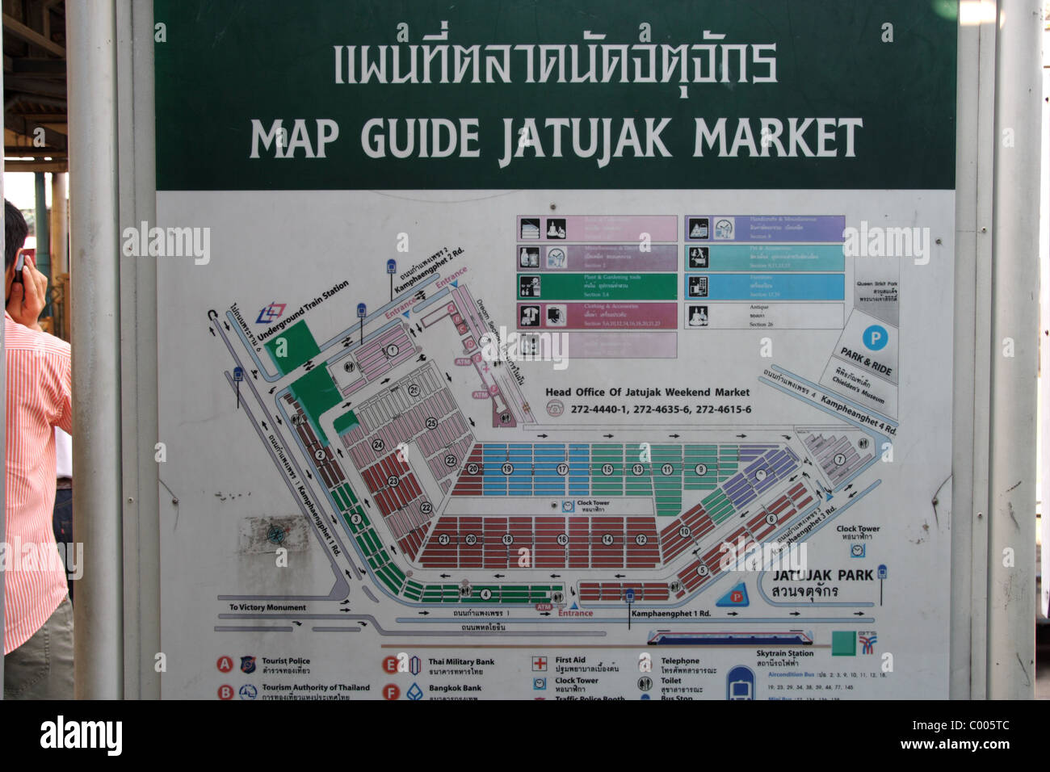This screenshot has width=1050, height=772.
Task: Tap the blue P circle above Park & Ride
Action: [x=872, y=337]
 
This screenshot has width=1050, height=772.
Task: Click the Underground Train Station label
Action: [x=303, y=309]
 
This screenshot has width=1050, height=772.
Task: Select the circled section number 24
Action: [x=377, y=445]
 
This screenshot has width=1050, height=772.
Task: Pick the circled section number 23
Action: [x=393, y=480]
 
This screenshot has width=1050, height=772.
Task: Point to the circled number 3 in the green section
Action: [x=355, y=519]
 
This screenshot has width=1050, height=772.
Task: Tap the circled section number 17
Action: [x=562, y=468]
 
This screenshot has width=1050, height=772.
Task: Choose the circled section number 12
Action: [x=640, y=539]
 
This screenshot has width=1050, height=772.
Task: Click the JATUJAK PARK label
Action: [x=822, y=576]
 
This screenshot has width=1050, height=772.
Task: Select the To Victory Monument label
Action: [x=267, y=607]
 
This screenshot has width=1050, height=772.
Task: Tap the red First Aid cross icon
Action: [x=540, y=664]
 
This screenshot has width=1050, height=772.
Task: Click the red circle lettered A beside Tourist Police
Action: [x=225, y=665]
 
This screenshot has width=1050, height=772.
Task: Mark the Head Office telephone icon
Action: [x=556, y=409]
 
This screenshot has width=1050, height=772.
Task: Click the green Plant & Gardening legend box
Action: [x=597, y=286]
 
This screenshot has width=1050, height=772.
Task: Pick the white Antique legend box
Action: [x=764, y=315]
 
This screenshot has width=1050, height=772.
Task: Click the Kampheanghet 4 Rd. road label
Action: [x=858, y=413]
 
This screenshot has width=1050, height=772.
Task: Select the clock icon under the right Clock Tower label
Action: [x=857, y=551]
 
